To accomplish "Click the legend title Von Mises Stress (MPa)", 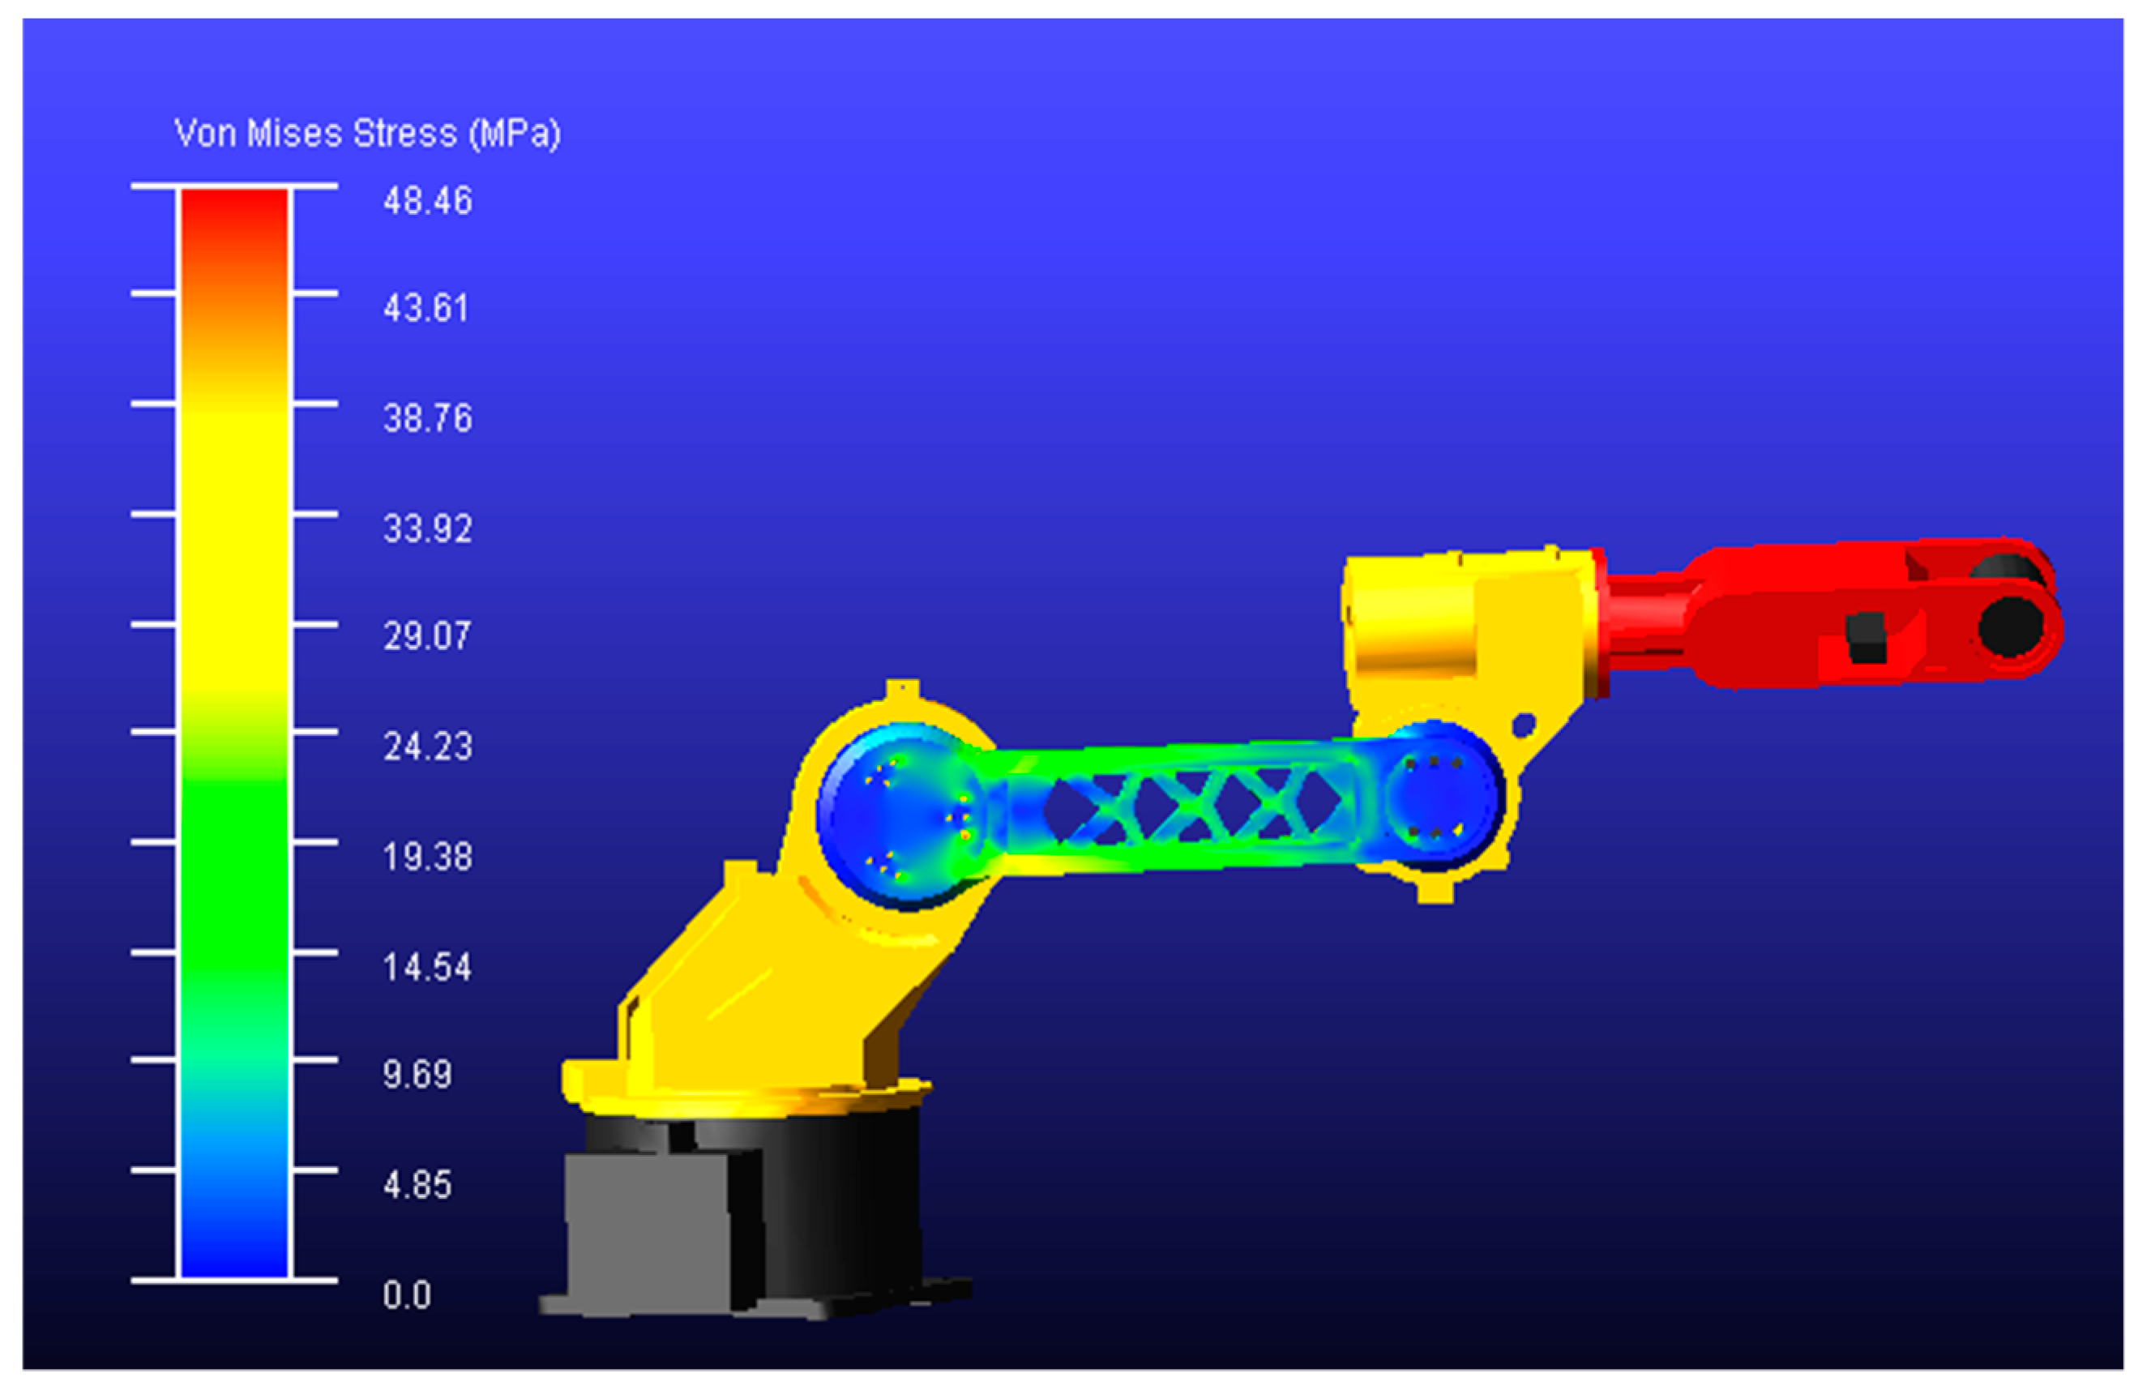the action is [368, 135].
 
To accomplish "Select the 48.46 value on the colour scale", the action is [428, 201].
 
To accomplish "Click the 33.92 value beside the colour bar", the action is [428, 529].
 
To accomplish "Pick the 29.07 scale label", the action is [427, 636].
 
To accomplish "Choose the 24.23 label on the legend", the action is [428, 746].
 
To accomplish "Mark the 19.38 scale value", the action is [428, 857].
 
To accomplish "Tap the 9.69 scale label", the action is [417, 1074].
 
